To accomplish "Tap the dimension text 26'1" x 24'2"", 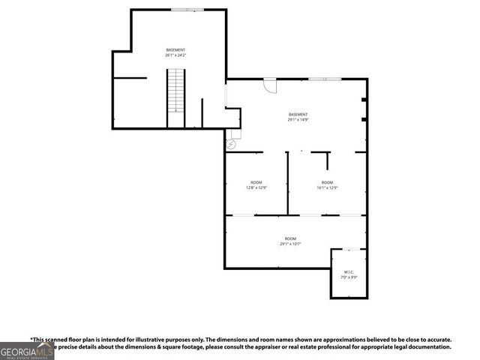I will pos(175,55).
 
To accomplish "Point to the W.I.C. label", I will pos(349,271).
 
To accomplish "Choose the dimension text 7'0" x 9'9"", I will pos(349,277).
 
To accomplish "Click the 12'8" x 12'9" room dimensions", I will pos(256,188).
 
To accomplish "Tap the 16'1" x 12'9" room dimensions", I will pos(327,188).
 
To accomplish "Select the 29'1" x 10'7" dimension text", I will pos(290,244).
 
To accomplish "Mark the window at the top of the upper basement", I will pos(186,10).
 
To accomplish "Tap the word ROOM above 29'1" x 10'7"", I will pos(290,238).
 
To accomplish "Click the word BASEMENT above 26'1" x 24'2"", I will pos(175,49).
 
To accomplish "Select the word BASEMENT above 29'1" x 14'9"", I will pos(298,114).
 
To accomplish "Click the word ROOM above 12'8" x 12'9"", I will pos(256,182).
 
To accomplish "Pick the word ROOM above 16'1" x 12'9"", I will pos(327,182).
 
